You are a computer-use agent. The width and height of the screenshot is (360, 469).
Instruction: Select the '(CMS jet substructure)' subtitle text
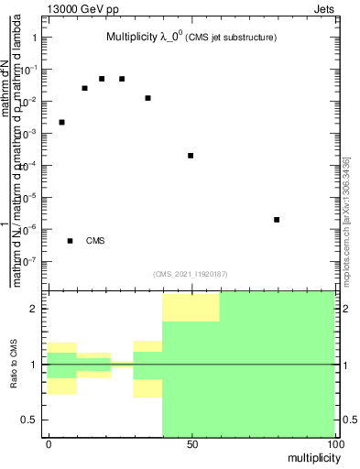pyautogui.click(x=233, y=38)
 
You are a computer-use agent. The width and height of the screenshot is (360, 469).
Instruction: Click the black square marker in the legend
pyautogui.click(x=70, y=241)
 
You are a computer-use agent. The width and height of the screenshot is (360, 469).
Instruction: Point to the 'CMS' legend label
pyautogui.click(x=96, y=241)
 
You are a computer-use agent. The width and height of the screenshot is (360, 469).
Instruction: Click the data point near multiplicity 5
pyautogui.click(x=61, y=122)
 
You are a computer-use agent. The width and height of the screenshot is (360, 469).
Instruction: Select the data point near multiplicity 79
pyautogui.click(x=277, y=220)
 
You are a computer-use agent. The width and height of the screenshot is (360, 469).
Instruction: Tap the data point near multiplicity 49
pyautogui.click(x=191, y=156)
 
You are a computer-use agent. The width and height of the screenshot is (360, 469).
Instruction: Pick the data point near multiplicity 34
pyautogui.click(x=147, y=98)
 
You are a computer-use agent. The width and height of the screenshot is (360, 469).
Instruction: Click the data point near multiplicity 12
pyautogui.click(x=84, y=88)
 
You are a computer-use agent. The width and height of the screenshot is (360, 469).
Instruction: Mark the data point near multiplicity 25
pyautogui.click(x=122, y=79)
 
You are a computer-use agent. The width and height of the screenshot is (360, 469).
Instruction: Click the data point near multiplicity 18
pyautogui.click(x=102, y=79)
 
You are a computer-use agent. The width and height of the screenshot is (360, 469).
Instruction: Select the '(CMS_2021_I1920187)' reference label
pyautogui.click(x=190, y=273)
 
